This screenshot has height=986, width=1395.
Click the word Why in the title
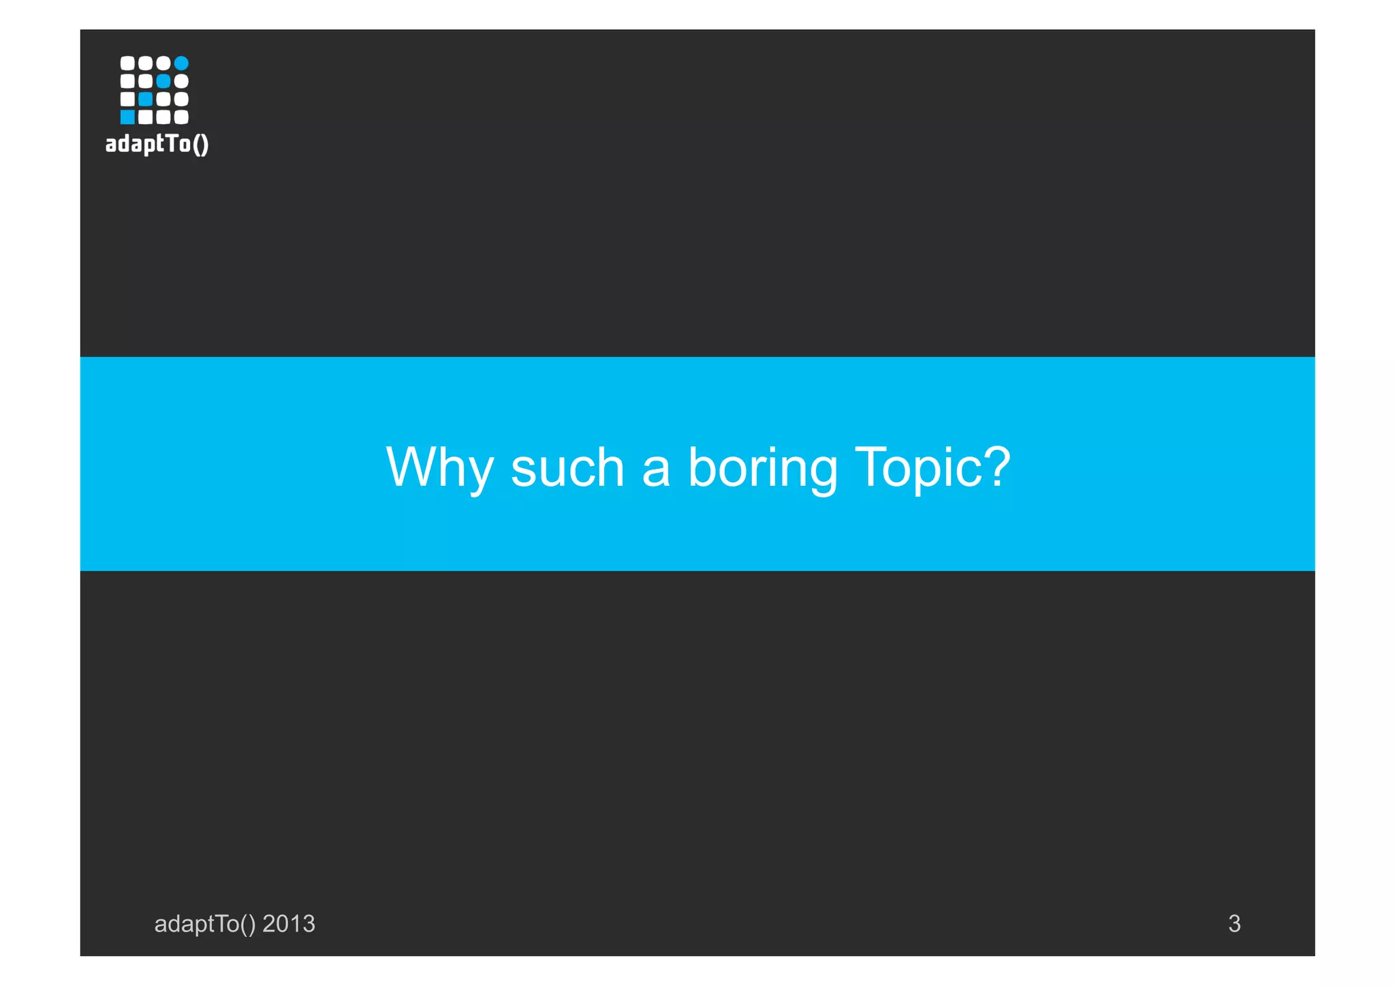click(x=439, y=467)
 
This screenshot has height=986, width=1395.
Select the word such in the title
click(x=567, y=467)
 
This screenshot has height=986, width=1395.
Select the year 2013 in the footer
click(x=289, y=924)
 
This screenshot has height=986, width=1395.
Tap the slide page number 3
click(x=1234, y=924)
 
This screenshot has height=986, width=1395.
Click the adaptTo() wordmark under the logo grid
click(x=157, y=144)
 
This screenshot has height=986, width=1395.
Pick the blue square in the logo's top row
click(x=181, y=63)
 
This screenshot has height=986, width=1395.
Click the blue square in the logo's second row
click(x=163, y=81)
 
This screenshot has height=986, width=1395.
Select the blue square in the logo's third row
click(x=145, y=99)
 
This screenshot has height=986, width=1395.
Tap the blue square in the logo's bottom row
click(x=127, y=117)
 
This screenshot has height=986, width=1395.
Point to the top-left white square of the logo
click(x=127, y=63)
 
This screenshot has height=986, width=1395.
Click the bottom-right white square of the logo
click(x=181, y=117)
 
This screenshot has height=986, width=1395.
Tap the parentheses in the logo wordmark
click(x=200, y=144)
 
